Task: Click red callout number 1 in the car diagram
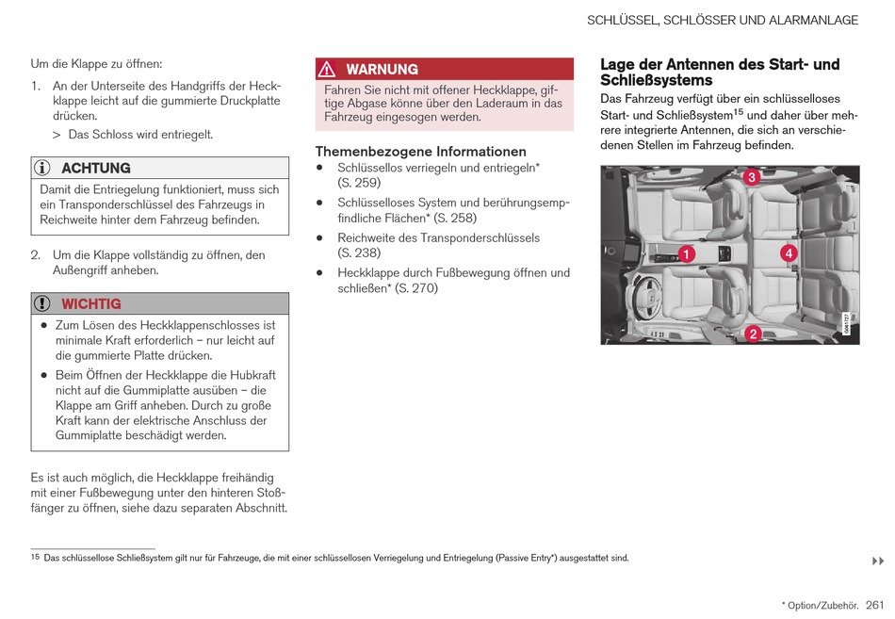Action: click(x=686, y=254)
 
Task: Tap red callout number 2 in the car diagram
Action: click(x=753, y=333)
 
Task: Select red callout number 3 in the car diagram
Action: click(x=751, y=177)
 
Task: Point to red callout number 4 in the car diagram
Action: click(x=788, y=253)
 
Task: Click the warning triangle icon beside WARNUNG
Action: click(x=327, y=69)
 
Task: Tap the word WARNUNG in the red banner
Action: click(x=382, y=69)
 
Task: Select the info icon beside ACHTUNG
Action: click(x=42, y=168)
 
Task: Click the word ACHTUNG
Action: click(x=96, y=168)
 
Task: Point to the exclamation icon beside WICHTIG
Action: click(x=42, y=303)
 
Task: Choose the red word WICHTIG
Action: click(x=91, y=303)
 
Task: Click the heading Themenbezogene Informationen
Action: click(x=420, y=151)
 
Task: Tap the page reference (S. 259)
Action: click(x=359, y=183)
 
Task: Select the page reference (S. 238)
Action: click(x=359, y=252)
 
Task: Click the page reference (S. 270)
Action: click(x=416, y=288)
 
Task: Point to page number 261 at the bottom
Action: click(x=875, y=604)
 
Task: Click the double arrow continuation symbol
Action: click(x=877, y=562)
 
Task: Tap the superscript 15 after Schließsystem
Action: click(x=739, y=111)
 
